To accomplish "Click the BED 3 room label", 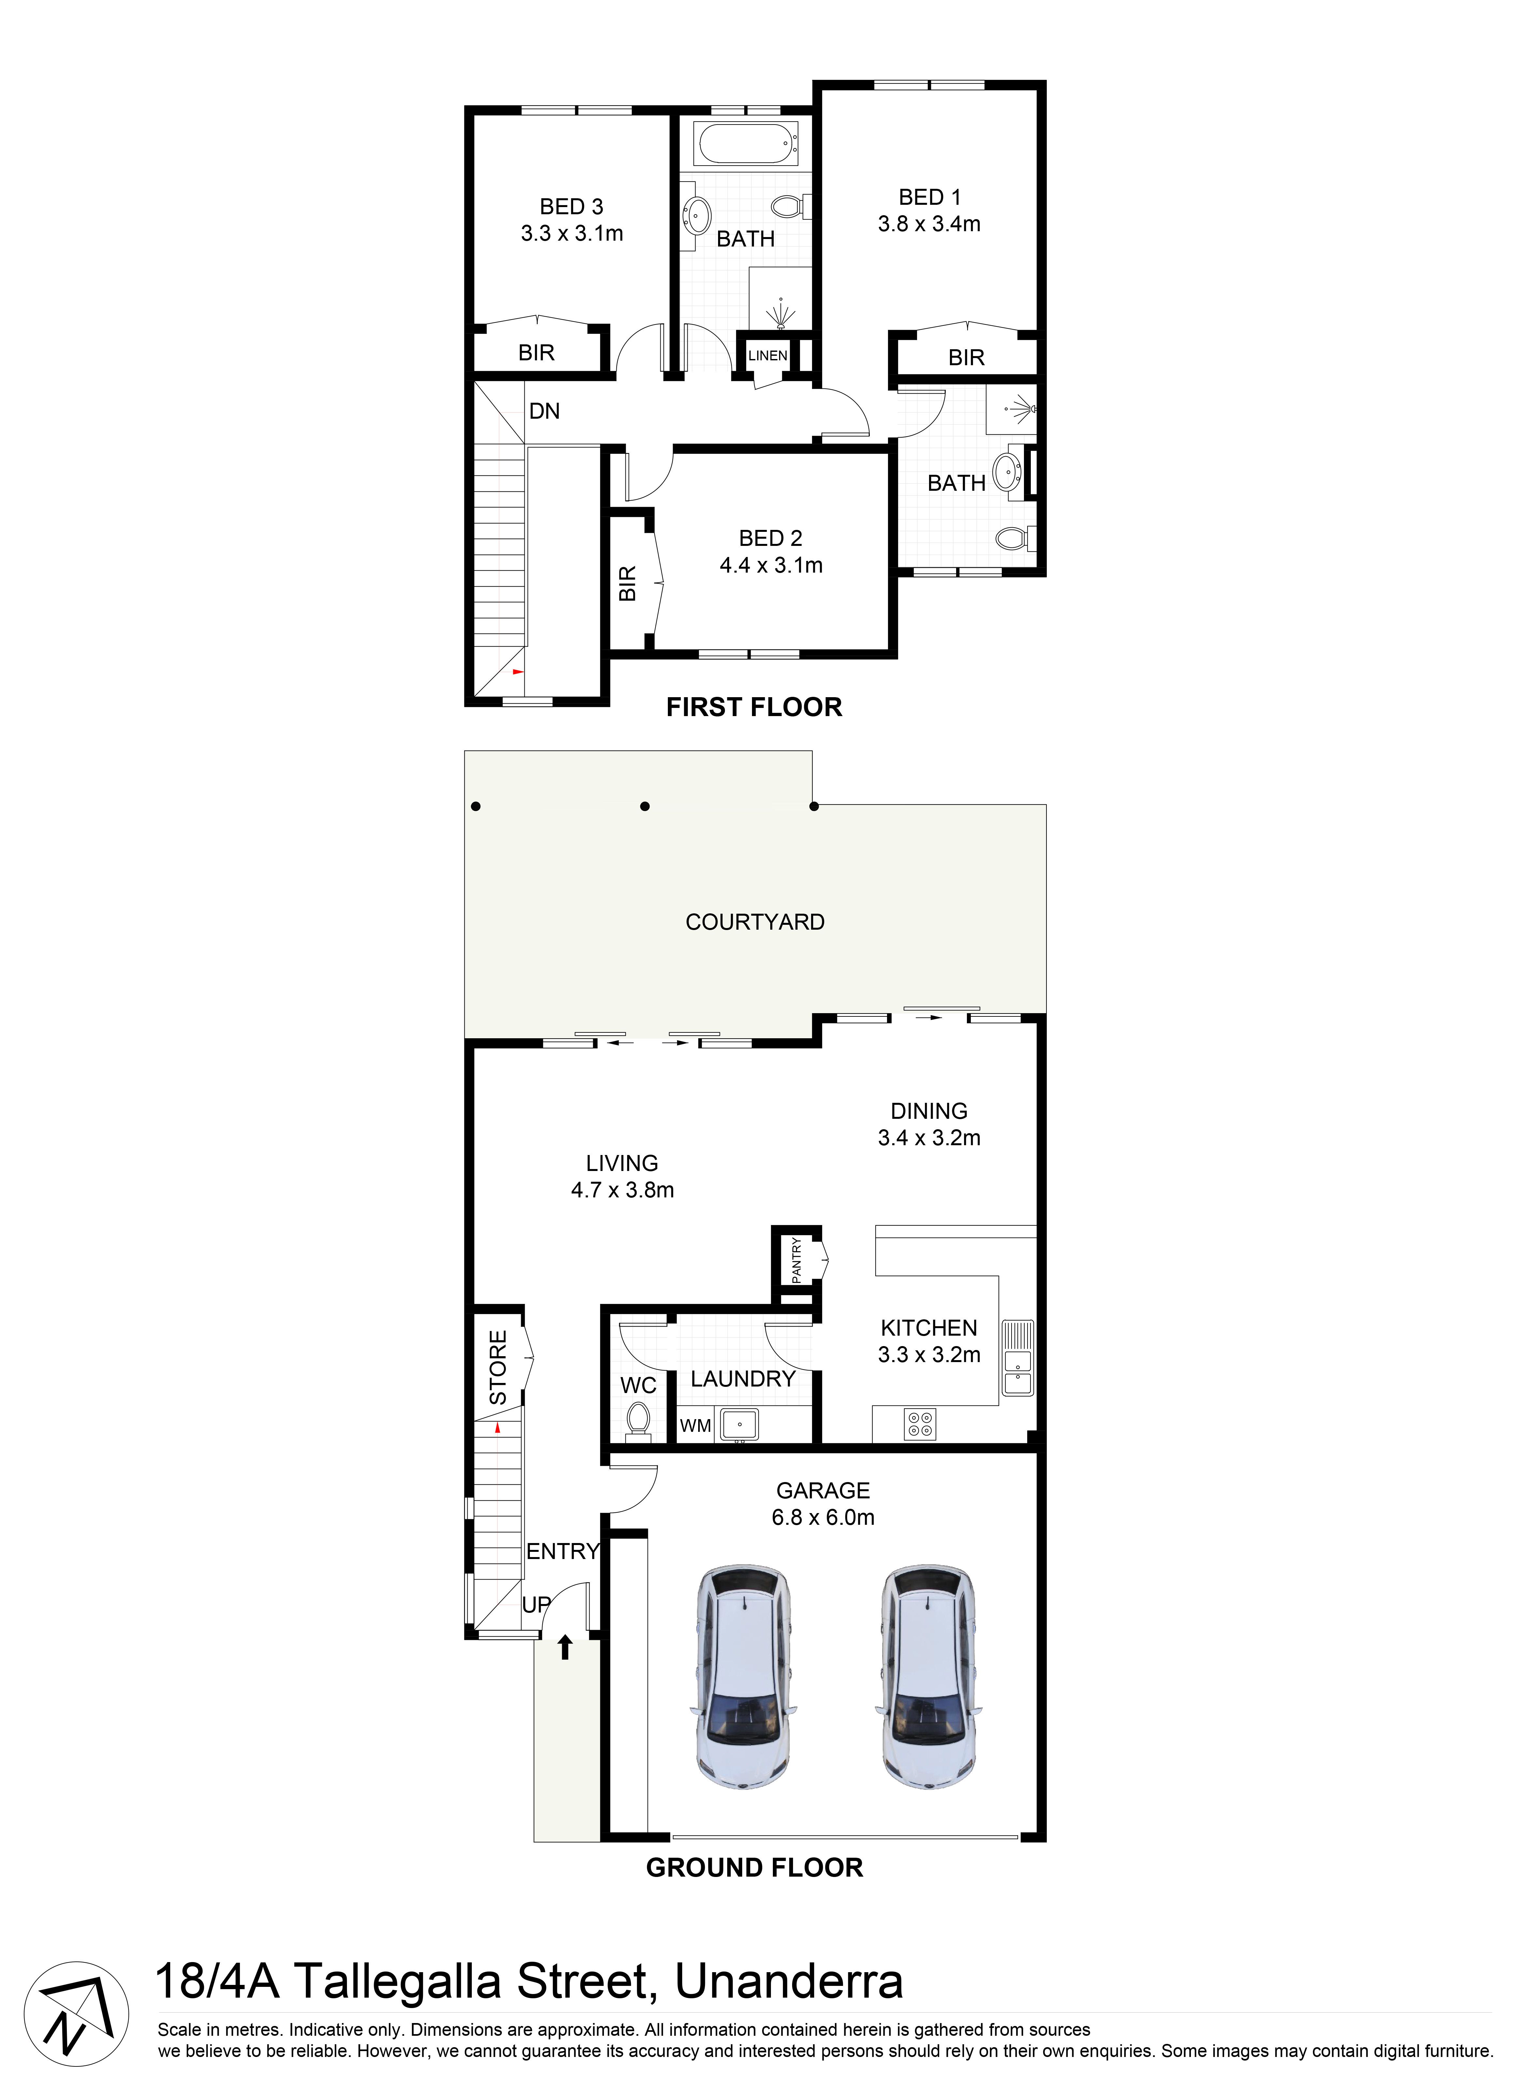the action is coord(571,207).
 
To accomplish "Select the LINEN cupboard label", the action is coord(768,355).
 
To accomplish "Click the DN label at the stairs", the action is coord(544,411).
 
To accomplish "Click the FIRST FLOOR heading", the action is coord(754,707).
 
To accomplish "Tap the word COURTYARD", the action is coord(755,922).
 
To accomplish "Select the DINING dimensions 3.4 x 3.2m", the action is coord(929,1138).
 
